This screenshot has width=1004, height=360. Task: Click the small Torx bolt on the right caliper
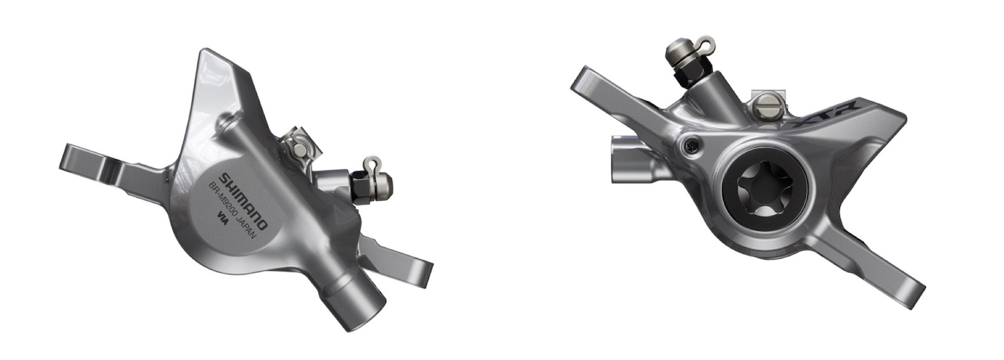coord(690,143)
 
